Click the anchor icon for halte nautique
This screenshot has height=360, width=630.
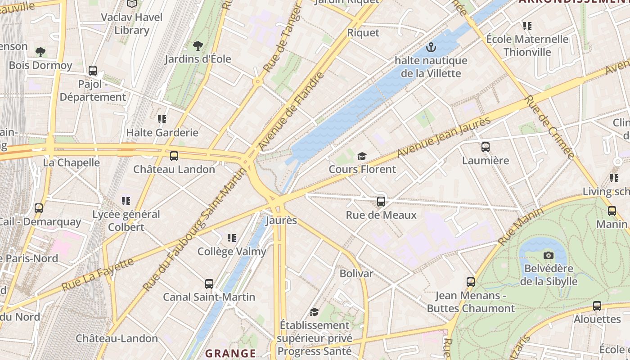pos(431,47)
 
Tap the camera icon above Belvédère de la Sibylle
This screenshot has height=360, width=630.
pos(548,256)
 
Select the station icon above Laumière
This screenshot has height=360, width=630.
pos(485,147)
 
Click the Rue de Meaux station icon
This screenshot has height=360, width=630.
pos(381,202)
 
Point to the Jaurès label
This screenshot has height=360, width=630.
pos(281,220)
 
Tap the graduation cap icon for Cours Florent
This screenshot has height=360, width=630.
pos(362,156)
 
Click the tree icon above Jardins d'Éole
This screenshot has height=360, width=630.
pos(198,45)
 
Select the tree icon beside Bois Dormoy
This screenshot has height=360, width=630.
pos(40,52)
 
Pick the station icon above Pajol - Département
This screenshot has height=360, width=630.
pos(93,71)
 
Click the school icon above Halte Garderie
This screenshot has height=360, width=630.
pos(162,119)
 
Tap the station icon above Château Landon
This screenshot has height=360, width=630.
pos(174,156)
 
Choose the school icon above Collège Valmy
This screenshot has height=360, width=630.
pos(232,238)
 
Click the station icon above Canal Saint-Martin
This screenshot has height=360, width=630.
pos(209,284)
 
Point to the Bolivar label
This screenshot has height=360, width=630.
pos(356,274)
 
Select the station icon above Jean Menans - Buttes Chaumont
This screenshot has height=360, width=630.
pos(471,282)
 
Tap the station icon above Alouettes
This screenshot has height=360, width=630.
pos(597,306)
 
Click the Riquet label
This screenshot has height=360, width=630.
pos(363,33)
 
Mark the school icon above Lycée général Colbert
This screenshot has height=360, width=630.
pos(126,201)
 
